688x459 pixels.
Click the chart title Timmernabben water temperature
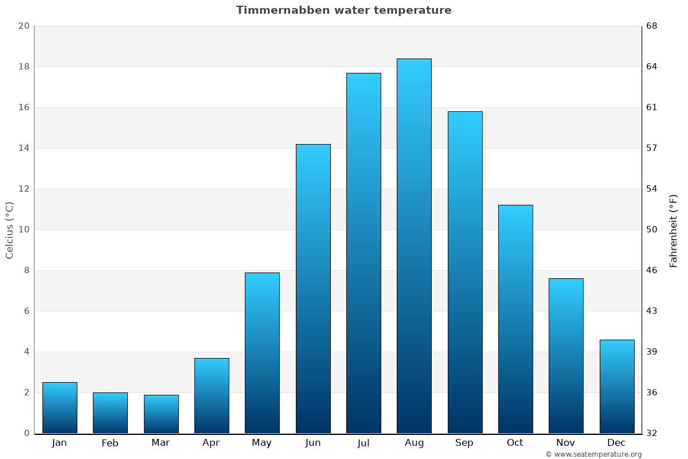point(343,10)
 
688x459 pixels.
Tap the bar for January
point(60,407)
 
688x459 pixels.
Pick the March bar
point(161,414)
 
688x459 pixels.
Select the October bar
point(515,319)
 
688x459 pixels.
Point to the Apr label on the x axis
point(211,443)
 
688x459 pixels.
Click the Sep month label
point(464,443)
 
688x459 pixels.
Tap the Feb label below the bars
point(110,443)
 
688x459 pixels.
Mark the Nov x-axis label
point(566,443)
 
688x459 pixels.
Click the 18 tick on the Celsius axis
point(24,67)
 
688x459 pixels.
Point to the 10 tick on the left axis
point(24,229)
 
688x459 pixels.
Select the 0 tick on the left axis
point(26,433)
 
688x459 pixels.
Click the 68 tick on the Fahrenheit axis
point(652,26)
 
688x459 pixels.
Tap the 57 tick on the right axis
point(652,148)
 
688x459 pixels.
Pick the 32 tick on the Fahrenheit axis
point(652,433)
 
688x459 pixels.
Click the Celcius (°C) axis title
point(10,229)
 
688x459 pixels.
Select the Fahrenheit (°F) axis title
point(674,230)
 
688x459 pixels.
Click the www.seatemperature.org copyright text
point(593,454)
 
